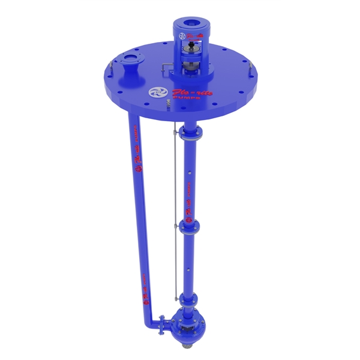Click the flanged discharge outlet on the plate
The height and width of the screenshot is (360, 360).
coord(129,62)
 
